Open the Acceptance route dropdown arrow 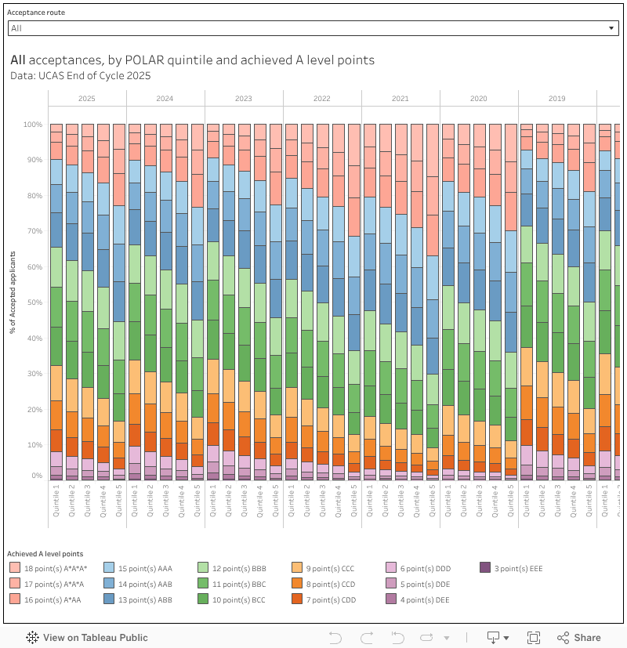click(x=611, y=28)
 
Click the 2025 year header click(x=87, y=99)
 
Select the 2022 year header click(x=322, y=99)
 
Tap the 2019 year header click(x=557, y=99)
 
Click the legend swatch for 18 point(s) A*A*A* click(x=15, y=568)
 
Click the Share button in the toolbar click(x=579, y=638)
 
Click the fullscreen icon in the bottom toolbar click(x=533, y=638)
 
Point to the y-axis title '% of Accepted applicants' click(x=13, y=292)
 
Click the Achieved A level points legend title click(x=45, y=554)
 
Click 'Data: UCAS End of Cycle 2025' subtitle click(x=80, y=76)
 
